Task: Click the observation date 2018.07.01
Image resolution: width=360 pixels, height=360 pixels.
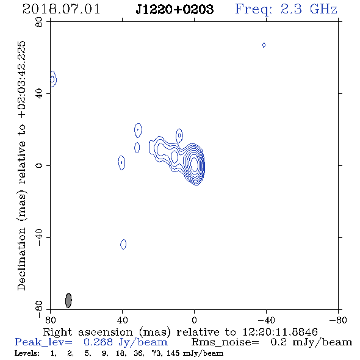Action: coord(61,9)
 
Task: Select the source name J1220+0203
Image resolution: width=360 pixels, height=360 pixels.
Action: coord(175,9)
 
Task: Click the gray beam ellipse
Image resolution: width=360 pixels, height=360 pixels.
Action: coord(68,300)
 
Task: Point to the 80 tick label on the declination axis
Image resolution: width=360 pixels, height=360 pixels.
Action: coord(39,22)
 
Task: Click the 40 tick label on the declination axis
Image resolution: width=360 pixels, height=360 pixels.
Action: coord(39,94)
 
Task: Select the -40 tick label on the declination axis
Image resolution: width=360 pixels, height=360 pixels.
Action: coord(39,237)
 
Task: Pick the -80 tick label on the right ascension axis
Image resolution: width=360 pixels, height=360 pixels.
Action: coord(338,320)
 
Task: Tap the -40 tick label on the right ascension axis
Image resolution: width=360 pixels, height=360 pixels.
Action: coord(266,320)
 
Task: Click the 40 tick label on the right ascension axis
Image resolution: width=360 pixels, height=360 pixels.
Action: coord(122,320)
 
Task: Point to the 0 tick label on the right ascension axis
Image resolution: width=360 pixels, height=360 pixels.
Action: coord(194,320)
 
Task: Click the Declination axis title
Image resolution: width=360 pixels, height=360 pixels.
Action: coord(21,166)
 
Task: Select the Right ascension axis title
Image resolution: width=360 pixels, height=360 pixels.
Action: coord(181,332)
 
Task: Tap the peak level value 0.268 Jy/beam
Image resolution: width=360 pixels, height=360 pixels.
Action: coord(126,342)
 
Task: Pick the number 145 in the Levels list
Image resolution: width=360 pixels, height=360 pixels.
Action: coord(173,353)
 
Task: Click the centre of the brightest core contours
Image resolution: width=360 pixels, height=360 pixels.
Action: coord(194,164)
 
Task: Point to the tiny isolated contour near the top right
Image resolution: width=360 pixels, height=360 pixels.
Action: coord(264,45)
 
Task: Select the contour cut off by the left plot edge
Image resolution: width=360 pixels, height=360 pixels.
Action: coord(54,79)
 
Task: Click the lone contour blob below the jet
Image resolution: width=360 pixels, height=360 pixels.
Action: coord(123,244)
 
